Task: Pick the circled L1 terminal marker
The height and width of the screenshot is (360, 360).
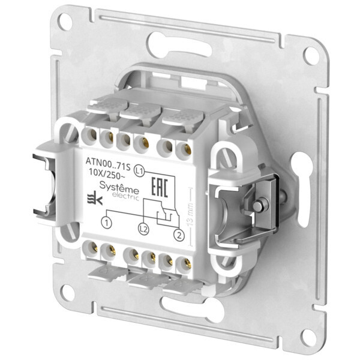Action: click(x=139, y=170)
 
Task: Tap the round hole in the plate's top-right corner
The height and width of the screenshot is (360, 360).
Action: click(x=311, y=55)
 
